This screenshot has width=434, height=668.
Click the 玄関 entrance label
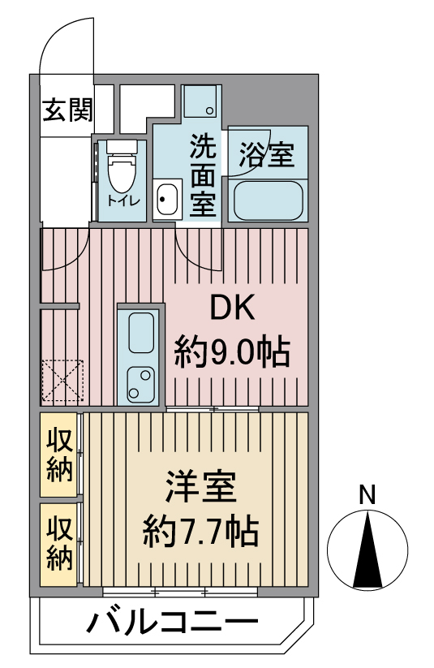click(x=67, y=110)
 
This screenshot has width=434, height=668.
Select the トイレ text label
click(x=123, y=200)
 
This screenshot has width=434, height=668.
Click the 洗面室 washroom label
click(x=203, y=175)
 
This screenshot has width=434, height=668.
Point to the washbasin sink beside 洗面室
click(x=166, y=200)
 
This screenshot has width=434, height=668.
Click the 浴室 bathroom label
click(x=266, y=155)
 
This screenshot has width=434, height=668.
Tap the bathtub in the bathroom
click(x=269, y=201)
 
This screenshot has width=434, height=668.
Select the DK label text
click(x=233, y=308)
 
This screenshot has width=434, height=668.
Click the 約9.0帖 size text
click(x=233, y=352)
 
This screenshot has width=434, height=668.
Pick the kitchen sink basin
click(x=141, y=333)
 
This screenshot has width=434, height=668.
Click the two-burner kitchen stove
click(x=141, y=381)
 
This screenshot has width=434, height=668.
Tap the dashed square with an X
click(x=62, y=381)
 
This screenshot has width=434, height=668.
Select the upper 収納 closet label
click(x=60, y=455)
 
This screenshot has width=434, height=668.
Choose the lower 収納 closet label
click(x=60, y=544)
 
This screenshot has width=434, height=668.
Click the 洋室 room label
click(x=200, y=486)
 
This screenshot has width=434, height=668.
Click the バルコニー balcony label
click(x=173, y=623)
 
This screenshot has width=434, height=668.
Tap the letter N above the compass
click(x=367, y=494)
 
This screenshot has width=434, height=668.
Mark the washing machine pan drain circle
click(x=209, y=110)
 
